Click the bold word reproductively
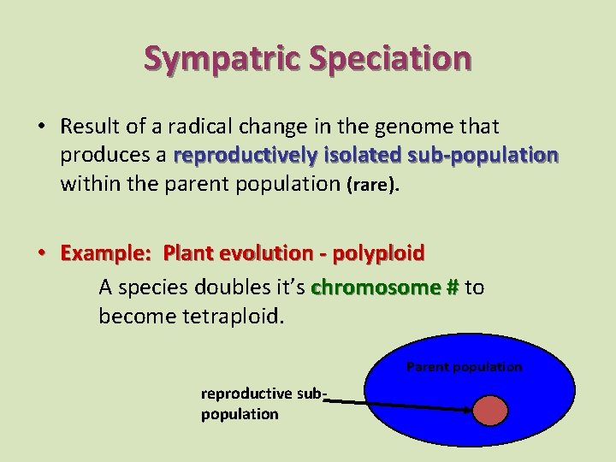247,157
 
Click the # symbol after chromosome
452,287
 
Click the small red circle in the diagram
491,409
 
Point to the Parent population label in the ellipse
464,367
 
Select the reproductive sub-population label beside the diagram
264,404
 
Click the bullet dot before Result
41,127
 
